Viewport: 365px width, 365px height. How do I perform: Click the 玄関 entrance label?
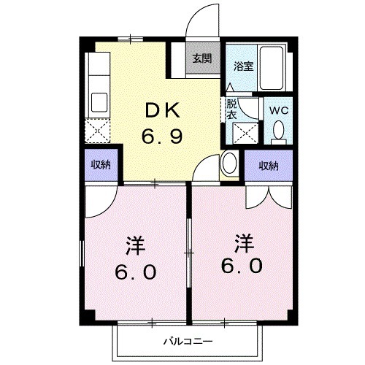[202, 59]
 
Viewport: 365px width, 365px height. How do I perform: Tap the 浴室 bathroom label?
[243, 66]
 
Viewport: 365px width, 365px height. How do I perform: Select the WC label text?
[278, 109]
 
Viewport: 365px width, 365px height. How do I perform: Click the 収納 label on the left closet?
[101, 165]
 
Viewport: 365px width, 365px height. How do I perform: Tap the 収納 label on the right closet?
[269, 166]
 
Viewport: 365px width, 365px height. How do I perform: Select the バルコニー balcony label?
[187, 341]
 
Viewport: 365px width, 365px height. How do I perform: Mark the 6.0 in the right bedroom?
[242, 266]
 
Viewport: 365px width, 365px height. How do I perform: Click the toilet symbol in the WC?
[278, 130]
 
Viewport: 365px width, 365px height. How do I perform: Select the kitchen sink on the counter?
[99, 101]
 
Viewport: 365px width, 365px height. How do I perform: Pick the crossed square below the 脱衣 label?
[242, 134]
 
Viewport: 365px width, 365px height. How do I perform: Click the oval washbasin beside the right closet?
[229, 163]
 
